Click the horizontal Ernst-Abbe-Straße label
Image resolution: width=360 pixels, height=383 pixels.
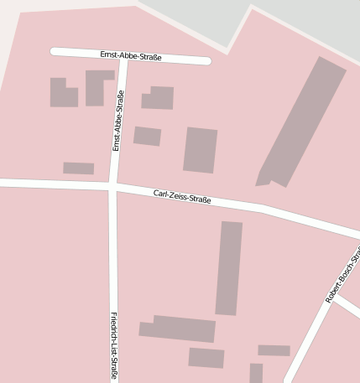(130, 56)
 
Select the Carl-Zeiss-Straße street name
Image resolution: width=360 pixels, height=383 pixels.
(182, 198)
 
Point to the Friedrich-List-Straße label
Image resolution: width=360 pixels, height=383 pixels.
(113, 345)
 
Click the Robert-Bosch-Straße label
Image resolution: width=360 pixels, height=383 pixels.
(342, 277)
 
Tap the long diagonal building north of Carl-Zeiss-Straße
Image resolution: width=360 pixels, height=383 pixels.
(302, 122)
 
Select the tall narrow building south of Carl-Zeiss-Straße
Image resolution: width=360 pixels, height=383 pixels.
(228, 268)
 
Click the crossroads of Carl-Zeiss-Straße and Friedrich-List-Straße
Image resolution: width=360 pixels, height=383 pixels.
(113, 186)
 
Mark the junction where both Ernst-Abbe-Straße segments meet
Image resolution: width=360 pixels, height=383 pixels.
(123, 57)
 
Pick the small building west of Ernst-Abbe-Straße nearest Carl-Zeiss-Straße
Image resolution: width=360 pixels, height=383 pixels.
(78, 168)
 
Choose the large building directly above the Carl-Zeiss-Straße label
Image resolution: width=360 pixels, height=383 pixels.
(200, 150)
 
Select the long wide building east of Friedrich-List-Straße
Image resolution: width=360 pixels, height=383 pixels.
(178, 329)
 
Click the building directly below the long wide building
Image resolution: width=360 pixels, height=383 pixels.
(206, 358)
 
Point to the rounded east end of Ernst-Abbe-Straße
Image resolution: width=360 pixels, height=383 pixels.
(206, 60)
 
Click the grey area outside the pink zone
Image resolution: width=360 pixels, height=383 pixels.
(302, 21)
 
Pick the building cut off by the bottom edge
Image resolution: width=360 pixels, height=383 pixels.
(256, 374)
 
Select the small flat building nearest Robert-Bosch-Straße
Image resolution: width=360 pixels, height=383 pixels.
(274, 350)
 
